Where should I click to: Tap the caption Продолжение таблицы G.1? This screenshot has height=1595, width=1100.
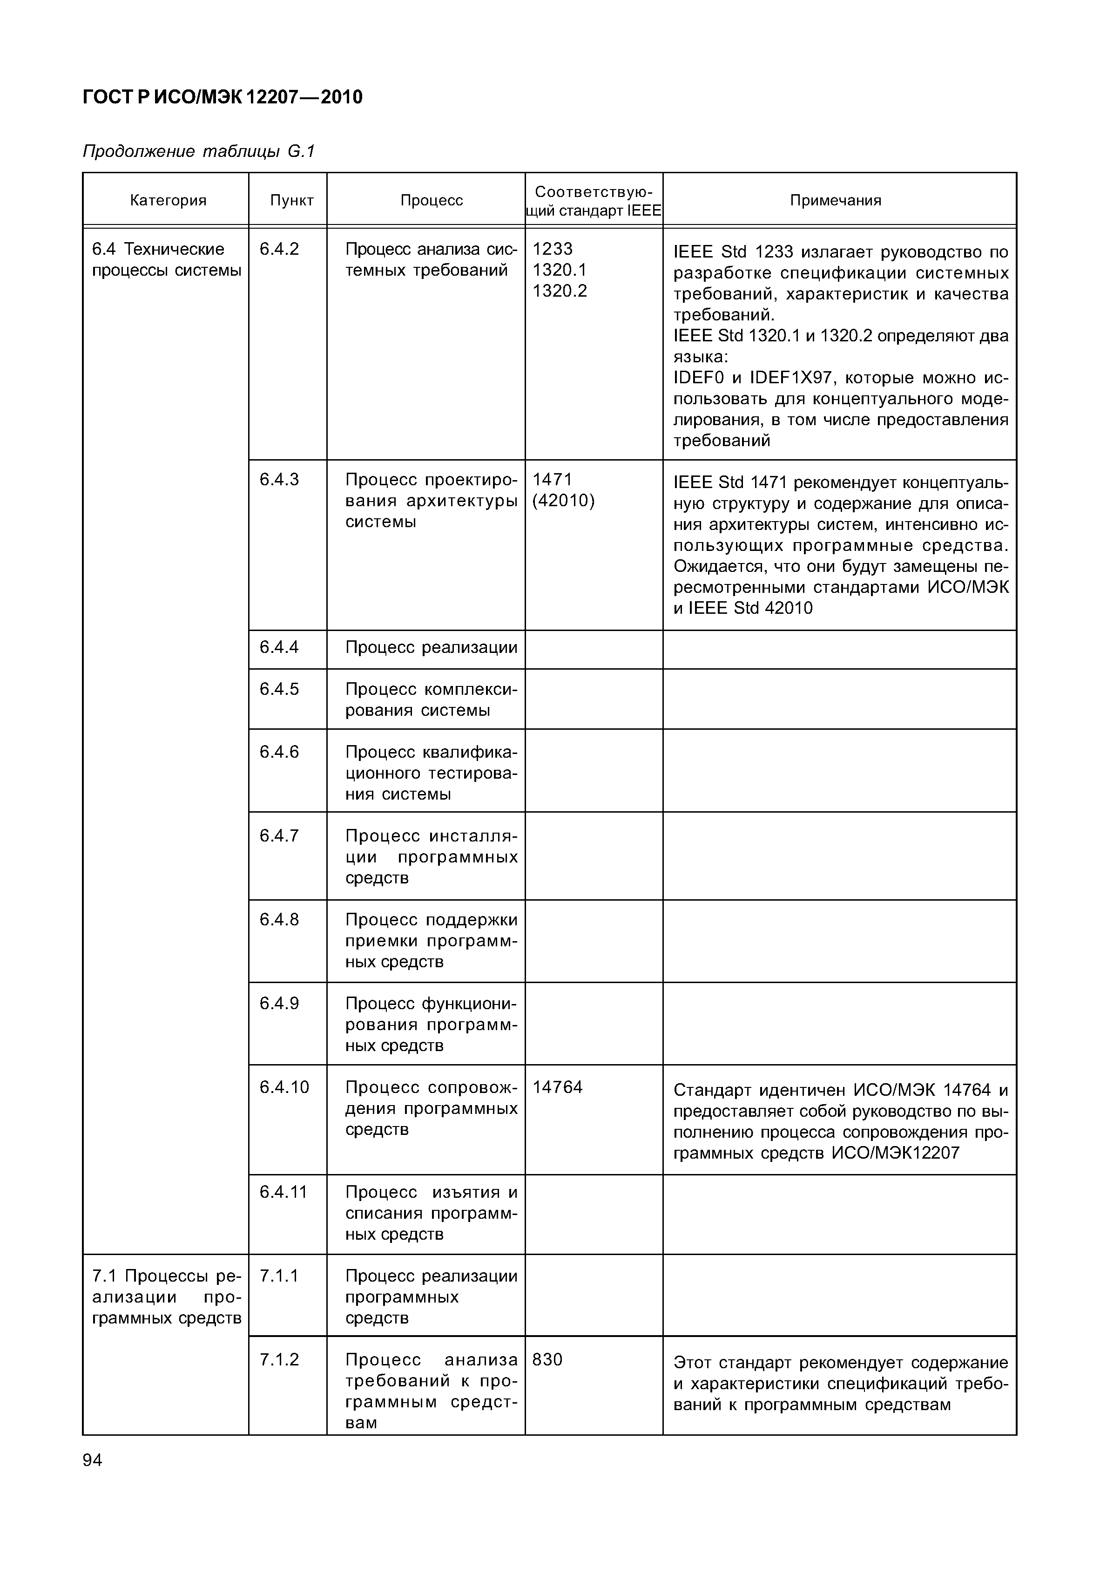pos(198,151)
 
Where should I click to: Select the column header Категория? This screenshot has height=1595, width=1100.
pos(168,201)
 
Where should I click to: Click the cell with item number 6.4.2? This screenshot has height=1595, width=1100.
pos(279,249)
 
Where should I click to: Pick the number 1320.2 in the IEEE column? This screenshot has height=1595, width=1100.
pos(560,291)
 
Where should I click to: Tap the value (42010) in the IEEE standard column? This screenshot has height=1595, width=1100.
pos(563,501)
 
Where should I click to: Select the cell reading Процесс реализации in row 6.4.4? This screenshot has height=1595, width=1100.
pos(431,647)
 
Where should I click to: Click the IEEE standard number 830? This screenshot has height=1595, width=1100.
pos(547,1359)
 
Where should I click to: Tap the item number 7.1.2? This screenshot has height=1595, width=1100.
pos(279,1359)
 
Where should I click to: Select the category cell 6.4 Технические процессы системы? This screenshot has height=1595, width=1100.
pos(166,259)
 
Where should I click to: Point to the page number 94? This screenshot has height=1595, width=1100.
pos(92,1460)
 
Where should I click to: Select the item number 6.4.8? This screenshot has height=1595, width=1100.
pos(279,919)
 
